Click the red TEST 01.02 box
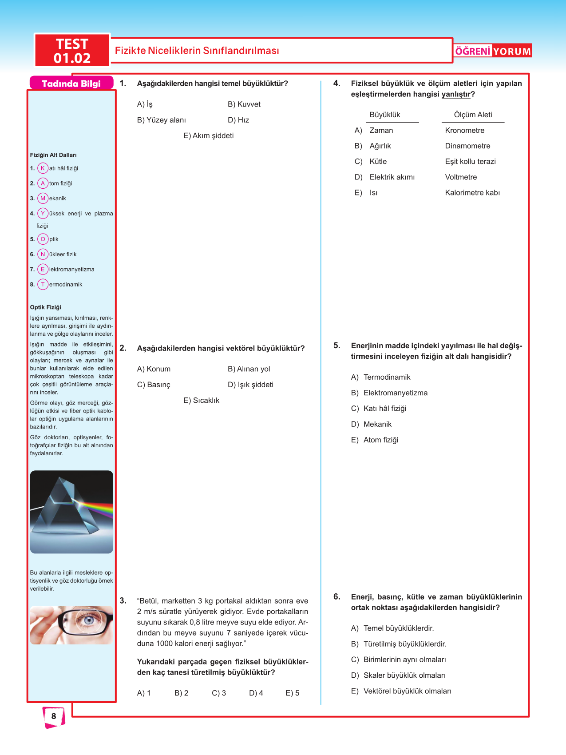(x=72, y=51)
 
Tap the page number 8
(x=54, y=716)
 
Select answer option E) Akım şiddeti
(x=208, y=136)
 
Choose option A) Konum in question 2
(x=154, y=369)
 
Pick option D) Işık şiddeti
(x=250, y=385)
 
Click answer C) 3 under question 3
(x=219, y=693)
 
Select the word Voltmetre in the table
(x=461, y=177)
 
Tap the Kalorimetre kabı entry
(x=472, y=193)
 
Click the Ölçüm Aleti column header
(x=473, y=115)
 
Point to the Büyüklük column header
(x=385, y=115)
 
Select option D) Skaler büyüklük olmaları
(x=398, y=676)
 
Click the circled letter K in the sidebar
(x=43, y=168)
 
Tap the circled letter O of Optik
(x=43, y=239)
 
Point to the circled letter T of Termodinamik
(x=43, y=285)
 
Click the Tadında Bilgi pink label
(x=71, y=83)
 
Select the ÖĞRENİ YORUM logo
(x=493, y=51)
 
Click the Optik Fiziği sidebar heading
(x=46, y=307)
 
